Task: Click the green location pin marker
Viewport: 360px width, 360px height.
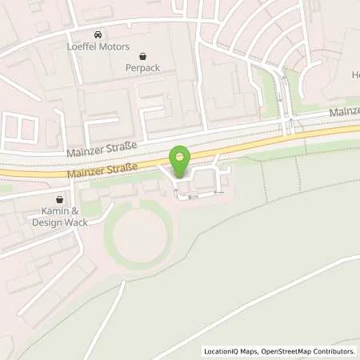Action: (181, 159)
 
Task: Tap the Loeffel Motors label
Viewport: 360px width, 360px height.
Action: (98, 48)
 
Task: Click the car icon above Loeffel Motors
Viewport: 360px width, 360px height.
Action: (98, 35)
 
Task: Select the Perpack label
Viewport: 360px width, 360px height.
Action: (142, 68)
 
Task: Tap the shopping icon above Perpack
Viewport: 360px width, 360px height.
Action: (142, 56)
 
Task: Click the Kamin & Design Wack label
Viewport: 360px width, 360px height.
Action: (59, 217)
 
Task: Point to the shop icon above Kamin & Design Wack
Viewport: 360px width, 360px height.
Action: (59, 200)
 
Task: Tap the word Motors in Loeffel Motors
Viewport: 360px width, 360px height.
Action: (113, 48)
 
